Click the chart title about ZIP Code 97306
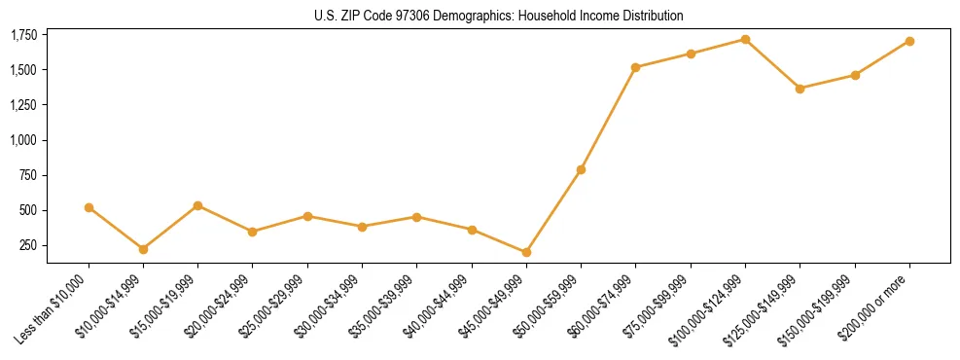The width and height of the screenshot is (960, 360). (x=498, y=16)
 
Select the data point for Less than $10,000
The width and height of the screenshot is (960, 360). (x=89, y=207)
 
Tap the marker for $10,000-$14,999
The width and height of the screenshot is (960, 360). (x=143, y=249)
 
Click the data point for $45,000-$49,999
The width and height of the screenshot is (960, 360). (x=526, y=252)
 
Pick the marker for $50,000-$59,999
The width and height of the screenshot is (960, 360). (x=581, y=169)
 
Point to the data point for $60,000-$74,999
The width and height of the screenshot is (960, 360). (x=635, y=67)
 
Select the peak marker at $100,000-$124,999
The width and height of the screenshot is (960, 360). (x=745, y=39)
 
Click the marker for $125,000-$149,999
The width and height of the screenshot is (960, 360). (x=800, y=89)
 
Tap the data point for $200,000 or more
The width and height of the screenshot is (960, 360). (x=909, y=41)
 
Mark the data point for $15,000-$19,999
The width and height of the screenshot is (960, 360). (x=197, y=205)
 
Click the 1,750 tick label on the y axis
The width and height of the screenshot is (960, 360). (x=22, y=35)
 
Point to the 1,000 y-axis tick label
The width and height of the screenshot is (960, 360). (x=22, y=140)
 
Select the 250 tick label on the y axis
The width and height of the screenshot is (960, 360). (x=28, y=245)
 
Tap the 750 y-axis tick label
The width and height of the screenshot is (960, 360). (x=28, y=175)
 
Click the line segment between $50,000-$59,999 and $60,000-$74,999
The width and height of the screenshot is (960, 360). (x=608, y=119)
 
